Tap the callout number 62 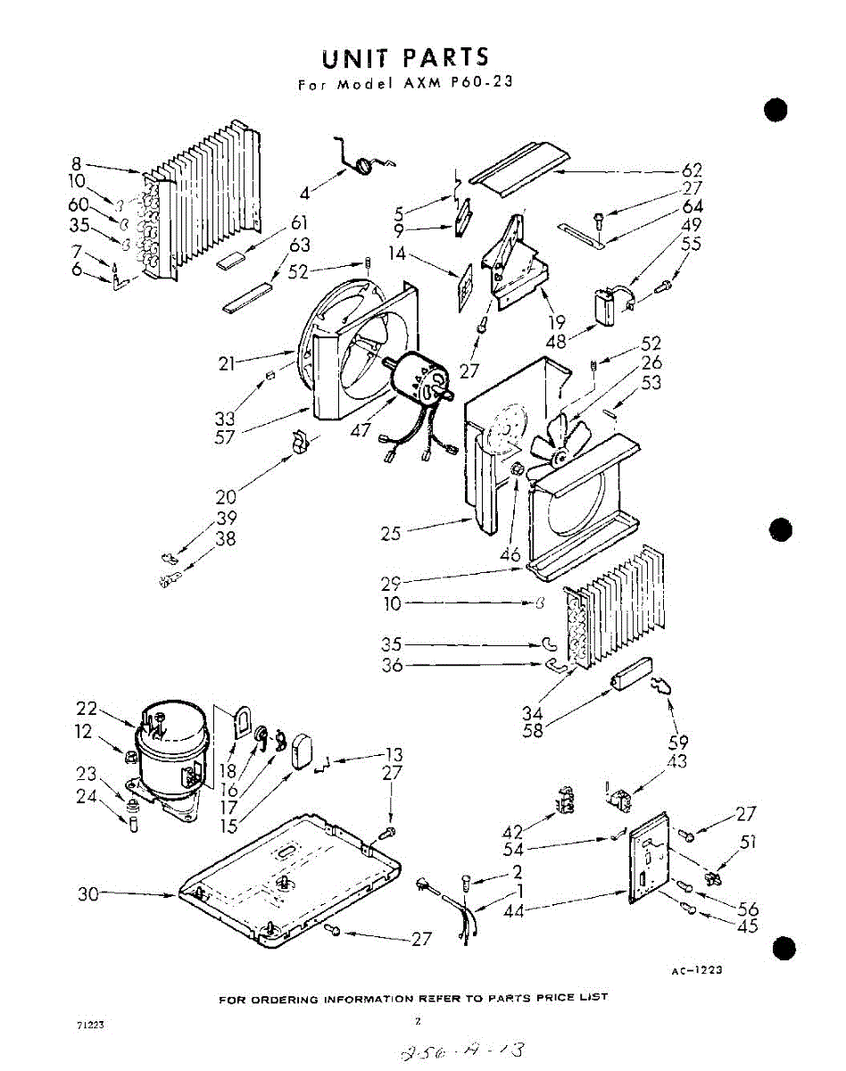[692, 170]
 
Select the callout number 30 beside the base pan [87, 893]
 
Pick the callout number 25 [390, 534]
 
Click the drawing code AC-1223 [696, 971]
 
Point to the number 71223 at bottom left [92, 1026]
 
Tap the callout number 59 [677, 742]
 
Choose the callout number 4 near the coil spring [305, 193]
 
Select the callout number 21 [228, 362]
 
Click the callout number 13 [393, 755]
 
